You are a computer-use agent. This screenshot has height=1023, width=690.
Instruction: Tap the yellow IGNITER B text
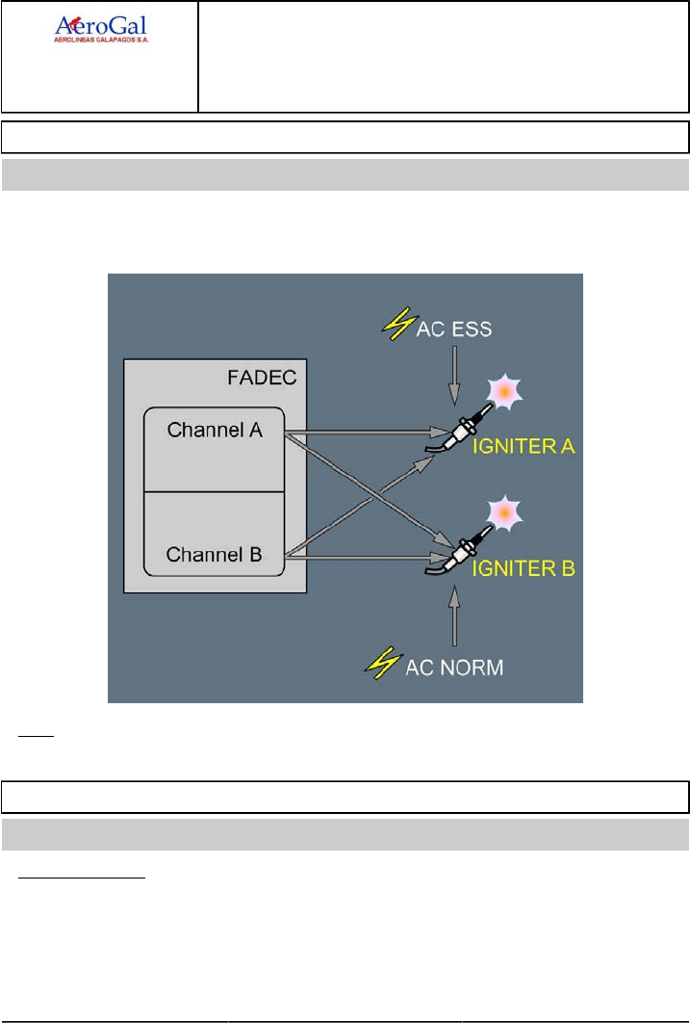[523, 568]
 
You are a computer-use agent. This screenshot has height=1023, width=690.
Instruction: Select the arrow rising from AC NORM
[453, 616]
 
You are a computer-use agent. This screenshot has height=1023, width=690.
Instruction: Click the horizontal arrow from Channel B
[356, 556]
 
